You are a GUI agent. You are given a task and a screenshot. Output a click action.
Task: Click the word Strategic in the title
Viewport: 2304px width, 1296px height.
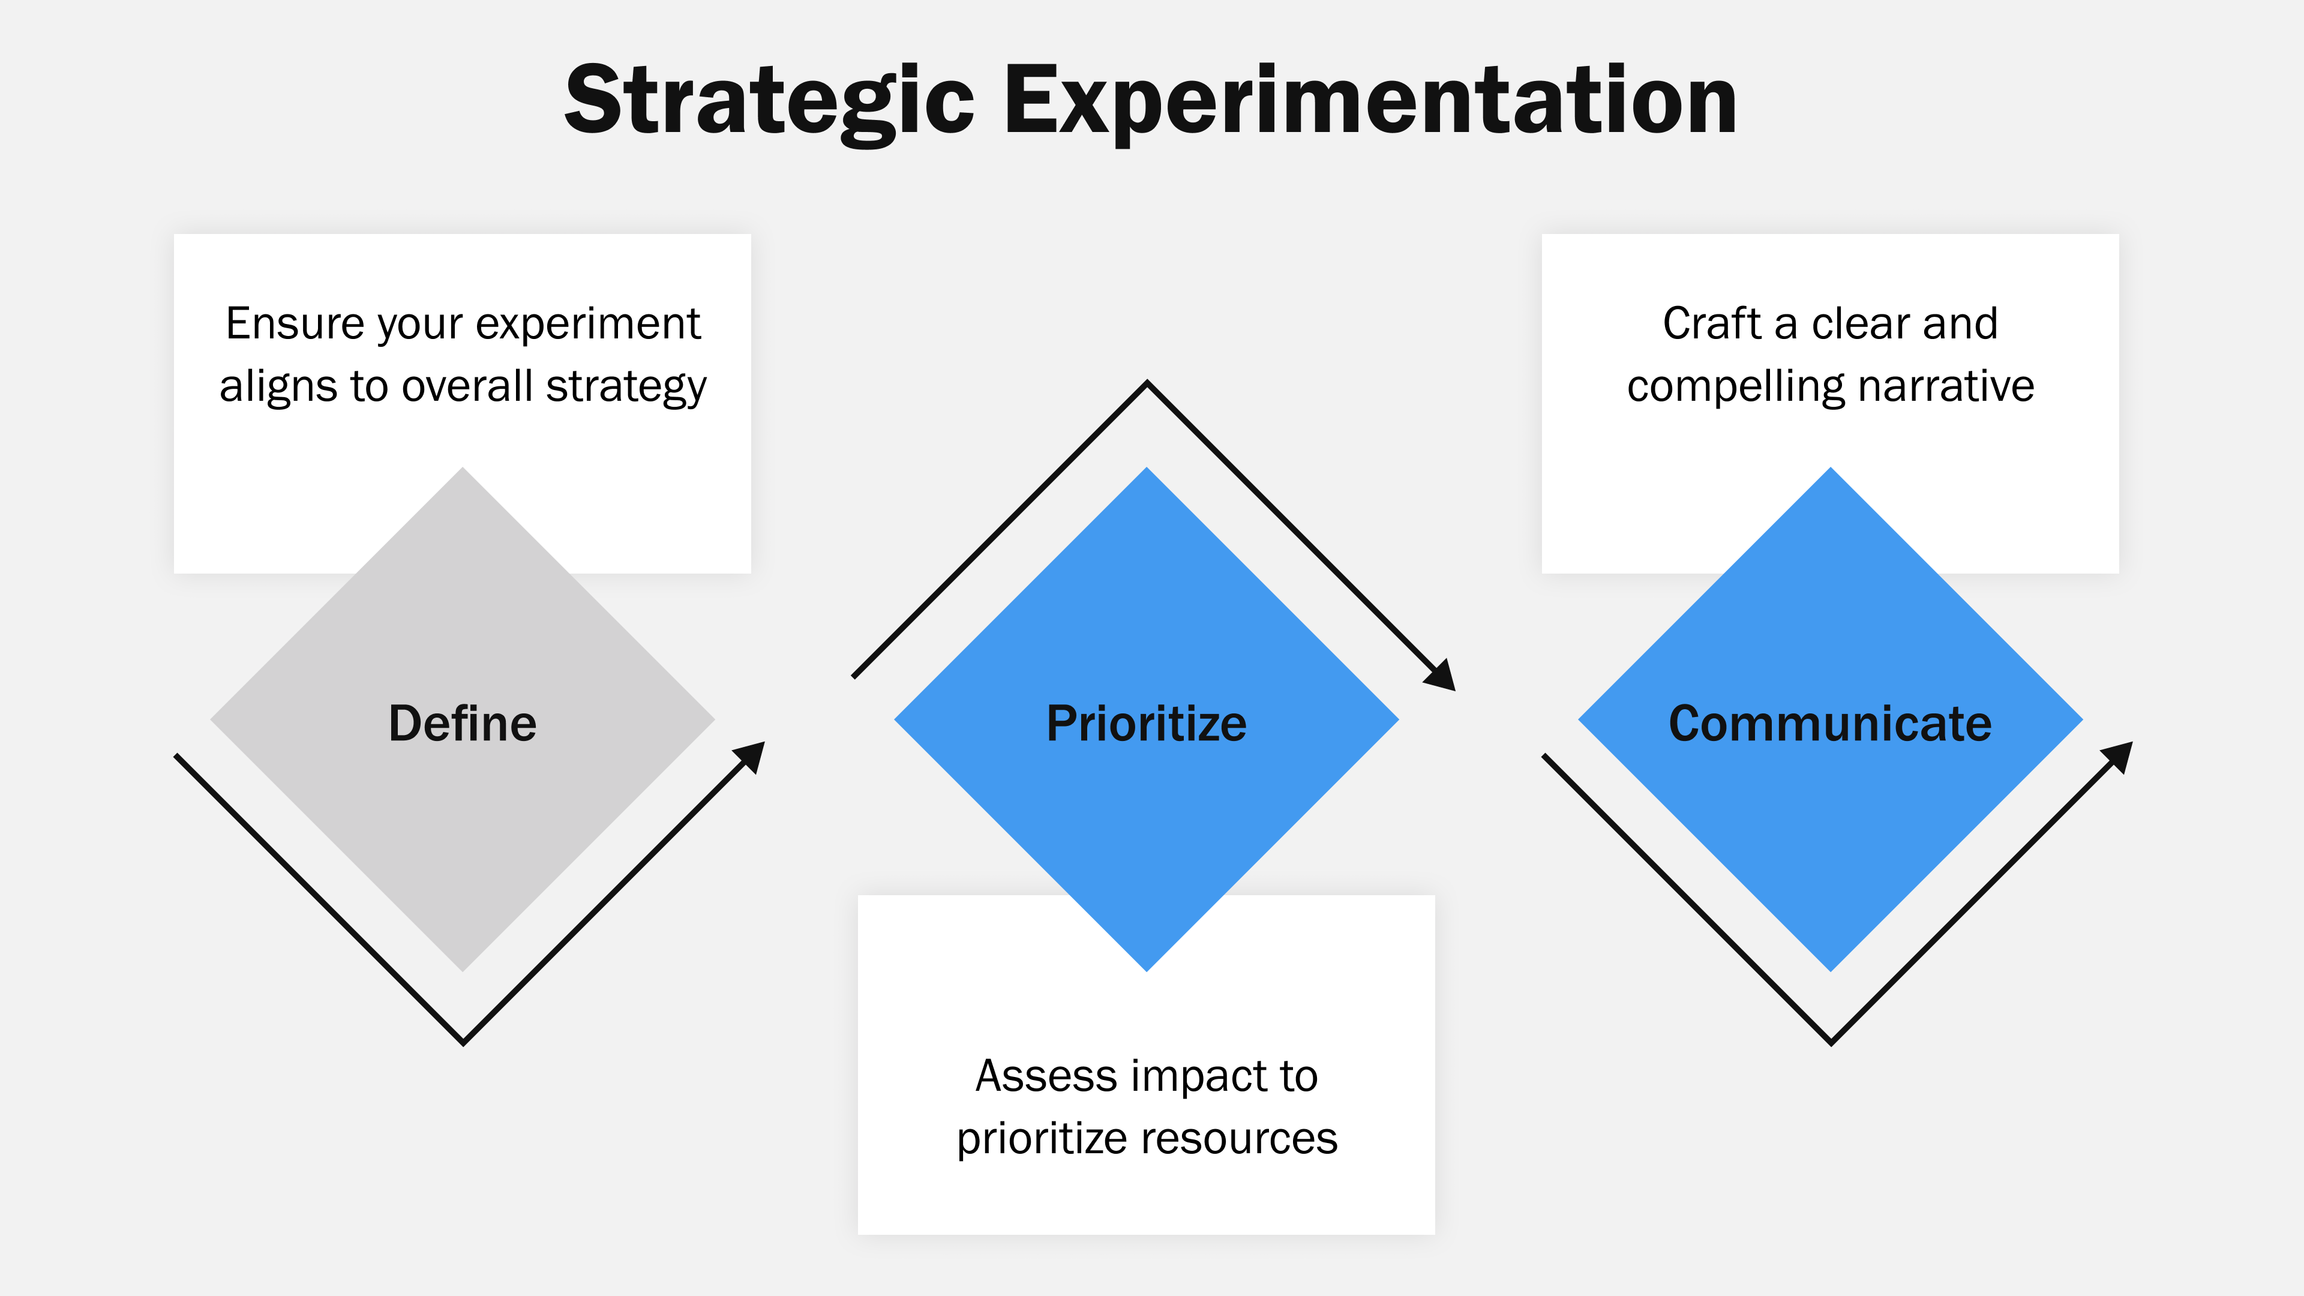(x=769, y=100)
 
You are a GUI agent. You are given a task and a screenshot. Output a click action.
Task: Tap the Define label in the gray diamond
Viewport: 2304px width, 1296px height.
(x=463, y=722)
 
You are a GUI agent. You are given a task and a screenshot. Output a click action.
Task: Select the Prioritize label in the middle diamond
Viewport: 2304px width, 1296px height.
(x=1146, y=722)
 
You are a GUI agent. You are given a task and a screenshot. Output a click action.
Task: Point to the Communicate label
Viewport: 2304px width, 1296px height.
(x=1830, y=722)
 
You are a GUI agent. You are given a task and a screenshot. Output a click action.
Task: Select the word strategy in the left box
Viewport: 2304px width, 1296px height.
(x=626, y=387)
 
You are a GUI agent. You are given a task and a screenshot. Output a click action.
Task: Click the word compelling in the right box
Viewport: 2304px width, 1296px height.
(x=1735, y=387)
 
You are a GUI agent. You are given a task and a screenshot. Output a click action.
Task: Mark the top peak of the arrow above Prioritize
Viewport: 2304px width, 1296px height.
(x=1147, y=385)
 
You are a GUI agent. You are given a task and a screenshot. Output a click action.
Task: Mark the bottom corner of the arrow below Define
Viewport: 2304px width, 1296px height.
(x=463, y=1041)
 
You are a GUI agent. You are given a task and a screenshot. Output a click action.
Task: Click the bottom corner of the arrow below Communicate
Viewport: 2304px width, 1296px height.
(x=1831, y=1041)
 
